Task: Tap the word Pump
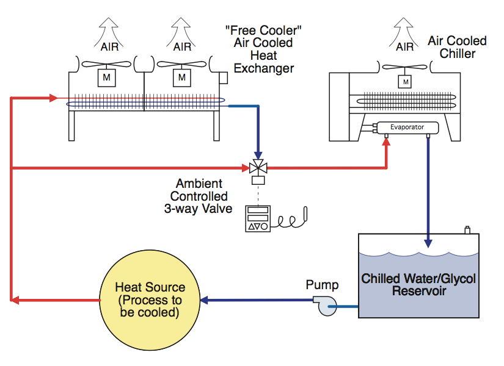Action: (x=323, y=285)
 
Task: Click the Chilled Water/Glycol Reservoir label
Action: (x=418, y=285)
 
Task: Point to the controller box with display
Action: (x=257, y=219)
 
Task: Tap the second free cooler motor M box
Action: (x=181, y=77)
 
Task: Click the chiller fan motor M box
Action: (x=404, y=81)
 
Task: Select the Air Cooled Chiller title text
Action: (x=456, y=47)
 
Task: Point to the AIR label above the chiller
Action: (x=404, y=46)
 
